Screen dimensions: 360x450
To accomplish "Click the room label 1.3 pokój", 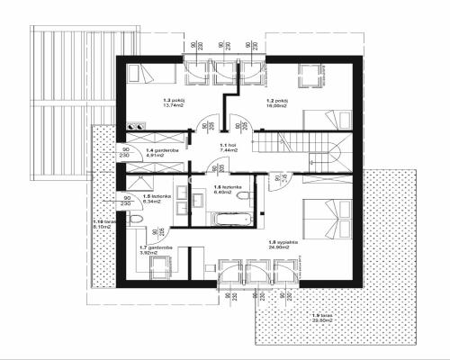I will pyautogui.click(x=172, y=100).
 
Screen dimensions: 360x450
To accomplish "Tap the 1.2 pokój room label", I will pyautogui.click(x=275, y=100).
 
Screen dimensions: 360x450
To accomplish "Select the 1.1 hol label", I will pyautogui.click(x=228, y=145).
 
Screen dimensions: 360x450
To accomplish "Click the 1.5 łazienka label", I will pyautogui.click(x=148, y=196).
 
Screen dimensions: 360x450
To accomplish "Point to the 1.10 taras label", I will pyautogui.click(x=103, y=221).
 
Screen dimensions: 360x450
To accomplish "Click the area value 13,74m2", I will pyautogui.click(x=172, y=106).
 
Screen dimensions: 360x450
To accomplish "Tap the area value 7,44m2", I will pyautogui.click(x=228, y=150).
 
